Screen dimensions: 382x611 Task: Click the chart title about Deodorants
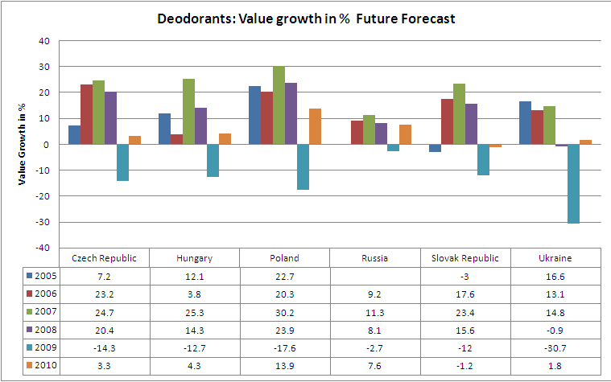(x=306, y=18)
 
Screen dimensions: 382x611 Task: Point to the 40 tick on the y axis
(x=44, y=41)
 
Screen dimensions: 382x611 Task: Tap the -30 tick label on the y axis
(x=43, y=222)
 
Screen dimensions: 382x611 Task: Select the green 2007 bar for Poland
(x=279, y=105)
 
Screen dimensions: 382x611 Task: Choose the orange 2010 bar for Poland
(x=315, y=126)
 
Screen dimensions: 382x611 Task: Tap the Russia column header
(x=375, y=258)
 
